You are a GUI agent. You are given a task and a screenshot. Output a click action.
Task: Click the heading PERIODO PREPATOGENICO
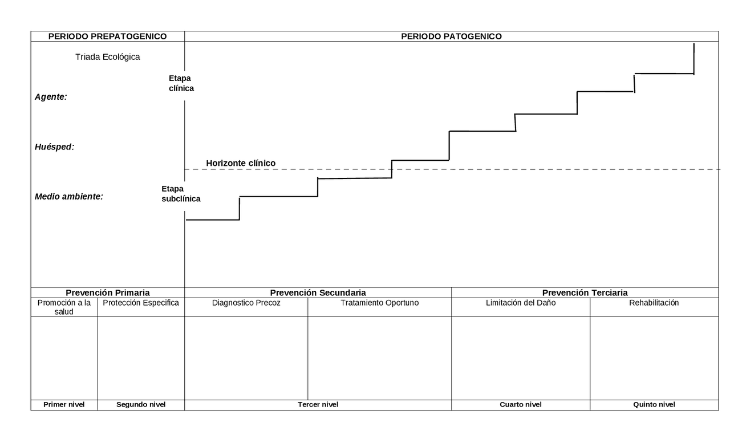click(108, 36)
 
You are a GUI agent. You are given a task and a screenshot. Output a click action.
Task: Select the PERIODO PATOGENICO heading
click(451, 36)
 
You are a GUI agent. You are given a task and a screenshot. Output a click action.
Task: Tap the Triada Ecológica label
click(108, 57)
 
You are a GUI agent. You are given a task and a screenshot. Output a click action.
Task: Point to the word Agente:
click(51, 97)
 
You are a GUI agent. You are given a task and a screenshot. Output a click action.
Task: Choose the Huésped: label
click(54, 147)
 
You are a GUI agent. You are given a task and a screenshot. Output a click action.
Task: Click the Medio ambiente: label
click(69, 197)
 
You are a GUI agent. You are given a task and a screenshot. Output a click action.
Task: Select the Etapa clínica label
click(181, 83)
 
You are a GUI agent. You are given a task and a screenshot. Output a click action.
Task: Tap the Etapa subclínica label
click(181, 194)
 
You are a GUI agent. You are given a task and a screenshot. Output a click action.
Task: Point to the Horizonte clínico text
click(241, 163)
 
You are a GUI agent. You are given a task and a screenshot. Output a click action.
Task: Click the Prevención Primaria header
click(108, 292)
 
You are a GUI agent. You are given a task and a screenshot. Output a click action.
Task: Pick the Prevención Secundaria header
click(318, 292)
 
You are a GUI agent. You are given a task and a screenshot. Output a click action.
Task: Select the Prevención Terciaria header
click(585, 292)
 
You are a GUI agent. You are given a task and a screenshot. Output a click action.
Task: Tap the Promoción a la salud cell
click(64, 307)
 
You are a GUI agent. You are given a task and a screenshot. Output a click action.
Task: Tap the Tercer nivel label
click(318, 405)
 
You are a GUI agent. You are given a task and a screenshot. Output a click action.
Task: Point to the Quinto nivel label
click(654, 405)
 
